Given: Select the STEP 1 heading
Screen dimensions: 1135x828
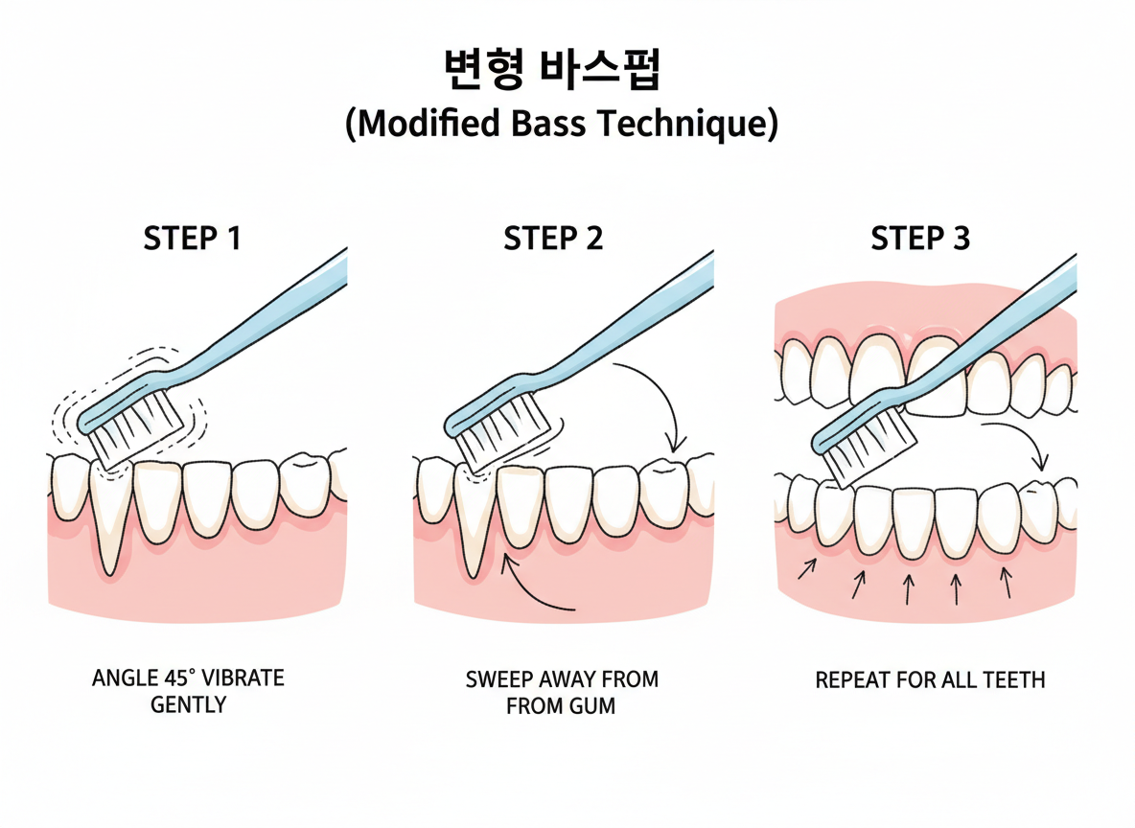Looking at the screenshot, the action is pos(192,239).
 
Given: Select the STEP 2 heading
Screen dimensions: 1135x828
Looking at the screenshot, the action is pos(553,239).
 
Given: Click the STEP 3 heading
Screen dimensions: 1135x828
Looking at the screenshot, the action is pos(920,239).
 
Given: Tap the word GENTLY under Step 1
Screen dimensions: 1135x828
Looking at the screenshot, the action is pos(189,705).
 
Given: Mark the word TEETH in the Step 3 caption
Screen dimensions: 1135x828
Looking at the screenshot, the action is pos(1013,680).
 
